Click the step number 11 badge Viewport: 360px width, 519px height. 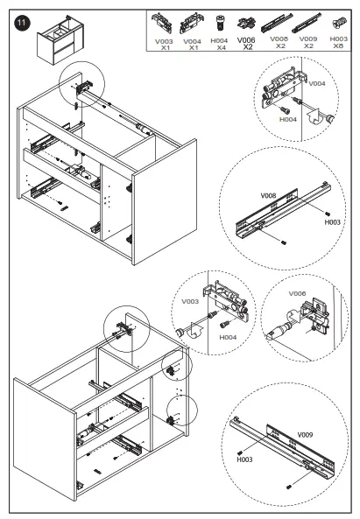point(22,23)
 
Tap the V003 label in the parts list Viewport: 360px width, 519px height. point(164,42)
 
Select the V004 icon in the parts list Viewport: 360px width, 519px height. point(192,23)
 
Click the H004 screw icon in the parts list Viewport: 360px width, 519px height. point(219,23)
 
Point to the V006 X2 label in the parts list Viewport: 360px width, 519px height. point(246,44)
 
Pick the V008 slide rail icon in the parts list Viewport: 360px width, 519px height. point(277,23)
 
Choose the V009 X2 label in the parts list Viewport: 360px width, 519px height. point(308,42)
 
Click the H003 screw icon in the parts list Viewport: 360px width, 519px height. point(339,23)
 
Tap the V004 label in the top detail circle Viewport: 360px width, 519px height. point(317,84)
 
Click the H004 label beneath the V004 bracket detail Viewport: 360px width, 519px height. point(288,120)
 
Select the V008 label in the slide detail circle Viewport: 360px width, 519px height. point(268,196)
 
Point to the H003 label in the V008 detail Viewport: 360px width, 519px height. point(332,222)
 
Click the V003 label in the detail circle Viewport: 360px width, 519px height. point(190,302)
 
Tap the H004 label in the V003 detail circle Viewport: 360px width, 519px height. point(228,337)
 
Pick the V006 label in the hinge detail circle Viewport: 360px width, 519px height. point(297,293)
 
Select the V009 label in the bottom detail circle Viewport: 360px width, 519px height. point(305,435)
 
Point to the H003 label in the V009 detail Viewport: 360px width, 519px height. point(244,459)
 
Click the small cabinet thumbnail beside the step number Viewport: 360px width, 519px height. point(60,39)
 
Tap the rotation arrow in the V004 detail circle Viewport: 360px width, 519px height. point(314,116)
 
